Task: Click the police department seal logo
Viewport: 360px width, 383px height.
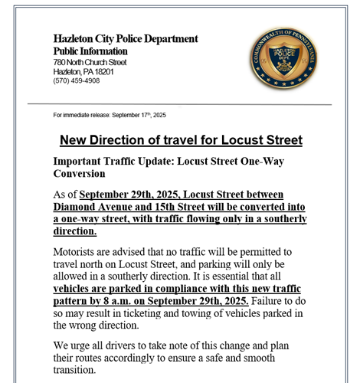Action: (x=286, y=59)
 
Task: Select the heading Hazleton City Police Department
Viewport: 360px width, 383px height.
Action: (x=126, y=39)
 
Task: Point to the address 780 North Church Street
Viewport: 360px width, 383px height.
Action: (x=90, y=62)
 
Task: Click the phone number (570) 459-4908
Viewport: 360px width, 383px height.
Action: (x=77, y=80)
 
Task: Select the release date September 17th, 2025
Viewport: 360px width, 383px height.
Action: (x=139, y=115)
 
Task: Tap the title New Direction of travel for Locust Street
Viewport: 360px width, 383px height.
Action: (x=181, y=140)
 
